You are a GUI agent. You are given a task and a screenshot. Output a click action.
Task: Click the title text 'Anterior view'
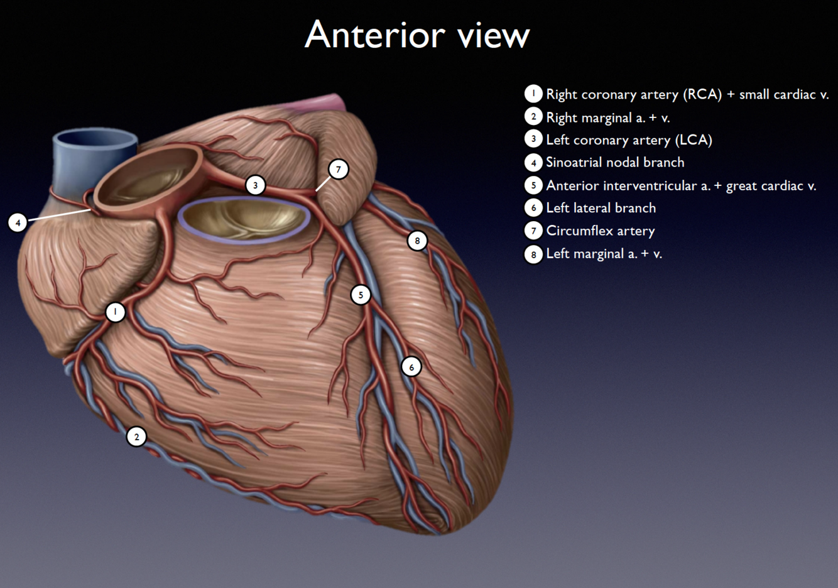pyautogui.click(x=417, y=35)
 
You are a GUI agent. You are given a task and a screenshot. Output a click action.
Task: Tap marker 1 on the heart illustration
pyautogui.click(x=115, y=312)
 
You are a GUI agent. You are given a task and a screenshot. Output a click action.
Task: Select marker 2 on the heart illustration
pyautogui.click(x=136, y=437)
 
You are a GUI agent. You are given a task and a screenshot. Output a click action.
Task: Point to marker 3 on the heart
pyautogui.click(x=255, y=185)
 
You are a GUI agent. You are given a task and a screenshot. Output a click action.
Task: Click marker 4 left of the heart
pyautogui.click(x=18, y=222)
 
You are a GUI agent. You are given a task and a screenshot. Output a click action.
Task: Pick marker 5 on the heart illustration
pyautogui.click(x=361, y=295)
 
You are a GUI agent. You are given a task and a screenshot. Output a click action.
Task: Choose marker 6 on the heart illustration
pyautogui.click(x=411, y=367)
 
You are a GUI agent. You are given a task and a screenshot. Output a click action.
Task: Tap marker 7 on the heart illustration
pyautogui.click(x=339, y=169)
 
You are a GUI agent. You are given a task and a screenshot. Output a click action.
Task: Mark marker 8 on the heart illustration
pyautogui.click(x=417, y=241)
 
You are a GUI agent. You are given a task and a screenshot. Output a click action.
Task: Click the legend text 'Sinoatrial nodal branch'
pyautogui.click(x=615, y=162)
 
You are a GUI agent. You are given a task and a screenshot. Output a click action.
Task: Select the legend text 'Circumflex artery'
pyautogui.click(x=600, y=231)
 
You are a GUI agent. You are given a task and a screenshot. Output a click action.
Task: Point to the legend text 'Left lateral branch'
pyautogui.click(x=601, y=208)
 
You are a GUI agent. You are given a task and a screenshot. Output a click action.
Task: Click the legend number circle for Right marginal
pyautogui.click(x=533, y=117)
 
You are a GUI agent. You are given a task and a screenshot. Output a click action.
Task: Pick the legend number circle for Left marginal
pyautogui.click(x=533, y=254)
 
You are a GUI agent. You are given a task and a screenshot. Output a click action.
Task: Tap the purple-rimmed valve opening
pyautogui.click(x=243, y=220)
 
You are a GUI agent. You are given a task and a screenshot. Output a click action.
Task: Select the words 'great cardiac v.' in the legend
pyautogui.click(x=771, y=185)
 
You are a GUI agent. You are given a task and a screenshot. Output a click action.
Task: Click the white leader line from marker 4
pyautogui.click(x=60, y=215)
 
